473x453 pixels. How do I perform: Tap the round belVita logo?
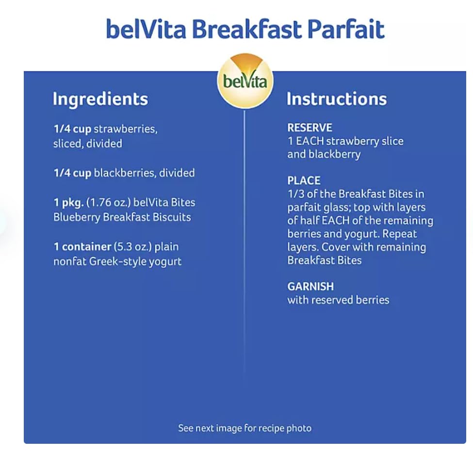click(x=245, y=80)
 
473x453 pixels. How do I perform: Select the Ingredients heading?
click(x=100, y=99)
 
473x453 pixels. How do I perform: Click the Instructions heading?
click(x=336, y=99)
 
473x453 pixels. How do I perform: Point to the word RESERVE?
click(x=310, y=128)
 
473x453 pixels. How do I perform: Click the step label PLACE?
click(x=304, y=181)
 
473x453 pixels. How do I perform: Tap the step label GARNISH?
click(x=310, y=287)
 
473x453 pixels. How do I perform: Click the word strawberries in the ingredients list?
click(x=126, y=129)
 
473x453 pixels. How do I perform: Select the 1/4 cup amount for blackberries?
click(x=72, y=173)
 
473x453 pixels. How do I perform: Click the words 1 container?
click(x=82, y=247)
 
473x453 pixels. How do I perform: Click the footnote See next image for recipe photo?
click(x=245, y=428)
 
